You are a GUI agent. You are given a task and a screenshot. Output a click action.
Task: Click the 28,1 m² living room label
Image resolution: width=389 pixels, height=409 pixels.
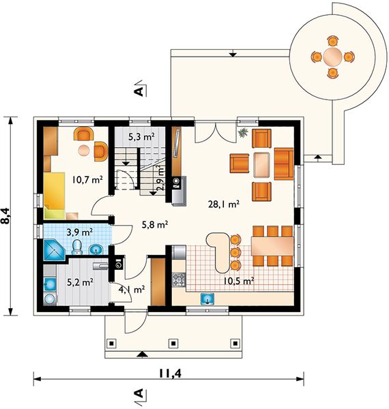(224, 204)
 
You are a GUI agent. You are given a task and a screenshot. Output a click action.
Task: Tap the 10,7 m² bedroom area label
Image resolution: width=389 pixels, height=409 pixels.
(87, 179)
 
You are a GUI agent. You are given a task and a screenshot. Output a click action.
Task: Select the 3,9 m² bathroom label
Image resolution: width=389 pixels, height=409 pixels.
(80, 232)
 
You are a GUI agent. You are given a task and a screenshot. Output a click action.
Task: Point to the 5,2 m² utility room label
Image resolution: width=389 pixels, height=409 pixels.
(80, 282)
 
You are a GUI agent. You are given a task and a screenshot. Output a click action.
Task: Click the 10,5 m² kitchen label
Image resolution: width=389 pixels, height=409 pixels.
(239, 281)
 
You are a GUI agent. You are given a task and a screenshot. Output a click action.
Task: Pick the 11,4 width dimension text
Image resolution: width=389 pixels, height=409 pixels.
(170, 374)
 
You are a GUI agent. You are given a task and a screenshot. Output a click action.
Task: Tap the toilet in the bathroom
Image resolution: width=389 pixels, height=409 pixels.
(77, 247)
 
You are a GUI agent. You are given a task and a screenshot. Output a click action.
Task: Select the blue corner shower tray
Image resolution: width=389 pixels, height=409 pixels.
(54, 250)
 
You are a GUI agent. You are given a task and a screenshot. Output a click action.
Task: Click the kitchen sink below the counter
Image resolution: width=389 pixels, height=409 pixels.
(207, 299)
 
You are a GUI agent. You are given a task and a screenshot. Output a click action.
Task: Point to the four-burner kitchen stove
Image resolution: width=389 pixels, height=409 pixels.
(179, 279)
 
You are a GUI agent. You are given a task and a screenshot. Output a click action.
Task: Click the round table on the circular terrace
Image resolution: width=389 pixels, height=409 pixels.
(332, 57)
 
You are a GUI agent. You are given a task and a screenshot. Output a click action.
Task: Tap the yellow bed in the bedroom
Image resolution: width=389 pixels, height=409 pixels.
(55, 195)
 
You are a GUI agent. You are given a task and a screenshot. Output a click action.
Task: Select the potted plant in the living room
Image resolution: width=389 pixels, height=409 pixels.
(243, 132)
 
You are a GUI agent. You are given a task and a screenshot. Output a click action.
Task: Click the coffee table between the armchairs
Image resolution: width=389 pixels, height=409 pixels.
(261, 165)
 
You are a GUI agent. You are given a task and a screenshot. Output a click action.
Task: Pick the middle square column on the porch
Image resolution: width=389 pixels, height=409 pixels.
(173, 343)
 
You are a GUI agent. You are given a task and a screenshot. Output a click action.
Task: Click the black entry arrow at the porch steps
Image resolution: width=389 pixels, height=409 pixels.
(142, 354)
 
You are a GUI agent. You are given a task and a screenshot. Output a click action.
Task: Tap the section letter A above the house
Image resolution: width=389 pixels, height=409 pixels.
(139, 91)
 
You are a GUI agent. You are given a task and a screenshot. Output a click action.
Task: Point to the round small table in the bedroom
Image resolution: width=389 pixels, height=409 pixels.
(84, 151)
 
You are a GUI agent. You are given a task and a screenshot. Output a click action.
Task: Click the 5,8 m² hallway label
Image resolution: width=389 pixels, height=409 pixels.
(154, 224)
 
